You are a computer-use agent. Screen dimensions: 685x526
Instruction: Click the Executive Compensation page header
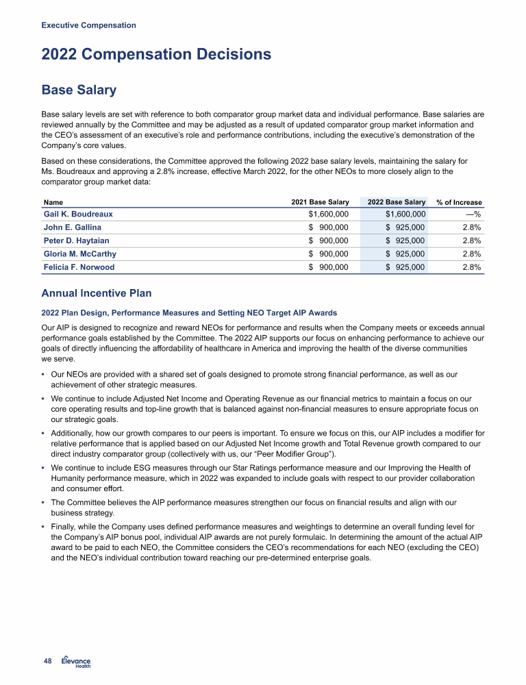(x=88, y=25)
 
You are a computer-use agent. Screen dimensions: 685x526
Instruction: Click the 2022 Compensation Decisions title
(x=156, y=55)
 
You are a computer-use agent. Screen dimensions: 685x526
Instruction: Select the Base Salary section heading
(x=79, y=90)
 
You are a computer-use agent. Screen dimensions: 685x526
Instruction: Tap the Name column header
(x=53, y=203)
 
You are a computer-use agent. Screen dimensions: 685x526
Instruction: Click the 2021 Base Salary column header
(x=320, y=202)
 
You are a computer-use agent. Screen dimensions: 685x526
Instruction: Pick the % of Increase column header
(x=459, y=203)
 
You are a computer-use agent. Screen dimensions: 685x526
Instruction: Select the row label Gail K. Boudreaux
(x=78, y=214)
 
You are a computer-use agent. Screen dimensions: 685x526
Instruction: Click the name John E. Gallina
(x=72, y=227)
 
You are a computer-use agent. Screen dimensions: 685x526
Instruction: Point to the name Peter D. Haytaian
(x=76, y=240)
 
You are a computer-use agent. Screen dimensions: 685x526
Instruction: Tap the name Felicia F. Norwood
(x=79, y=267)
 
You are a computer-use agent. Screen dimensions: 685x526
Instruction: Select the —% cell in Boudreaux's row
(x=473, y=214)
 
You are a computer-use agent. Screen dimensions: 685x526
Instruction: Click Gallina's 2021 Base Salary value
(x=328, y=227)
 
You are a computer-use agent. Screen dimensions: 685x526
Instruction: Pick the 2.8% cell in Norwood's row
(x=471, y=267)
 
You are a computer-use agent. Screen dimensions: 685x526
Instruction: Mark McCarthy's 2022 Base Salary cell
(x=405, y=254)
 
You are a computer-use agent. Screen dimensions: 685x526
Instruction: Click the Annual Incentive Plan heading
(x=97, y=294)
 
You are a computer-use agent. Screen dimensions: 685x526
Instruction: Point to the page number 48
(x=47, y=661)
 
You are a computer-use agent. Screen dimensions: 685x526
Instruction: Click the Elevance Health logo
(x=76, y=660)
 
